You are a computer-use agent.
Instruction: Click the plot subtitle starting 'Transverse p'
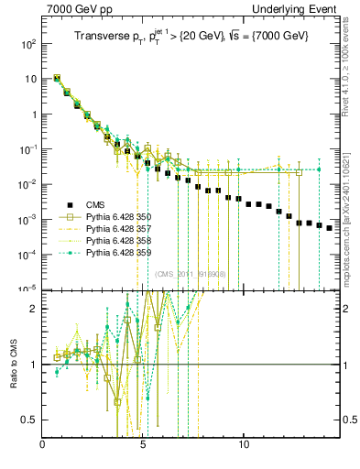point(192,36)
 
